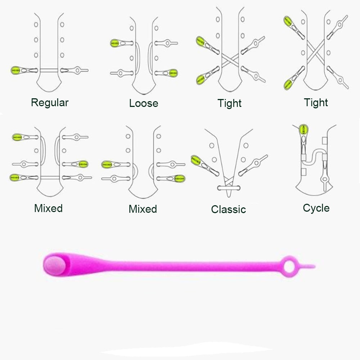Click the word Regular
click(x=50, y=103)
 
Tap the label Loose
click(x=144, y=103)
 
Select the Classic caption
click(x=229, y=210)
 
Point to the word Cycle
click(x=316, y=208)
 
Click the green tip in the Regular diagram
click(x=15, y=70)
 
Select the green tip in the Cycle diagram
click(x=303, y=130)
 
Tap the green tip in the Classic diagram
click(x=196, y=160)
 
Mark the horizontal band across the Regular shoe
click(x=49, y=70)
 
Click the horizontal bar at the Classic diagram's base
click(x=229, y=188)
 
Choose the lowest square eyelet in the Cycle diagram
click(x=303, y=172)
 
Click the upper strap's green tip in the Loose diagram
click(x=114, y=43)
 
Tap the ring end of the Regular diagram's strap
click(x=78, y=70)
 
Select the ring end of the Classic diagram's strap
click(x=256, y=163)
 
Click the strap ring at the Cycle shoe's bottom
click(x=325, y=179)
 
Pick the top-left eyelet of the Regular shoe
click(x=36, y=24)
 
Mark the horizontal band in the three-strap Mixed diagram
click(x=50, y=177)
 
